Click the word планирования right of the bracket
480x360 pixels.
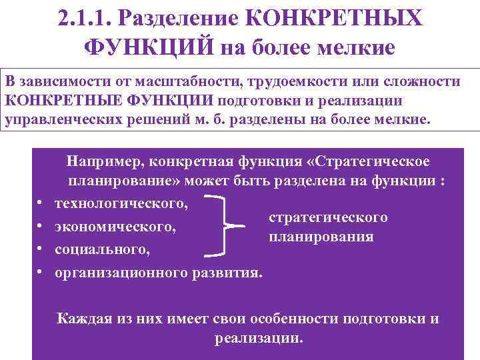(x=321, y=237)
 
